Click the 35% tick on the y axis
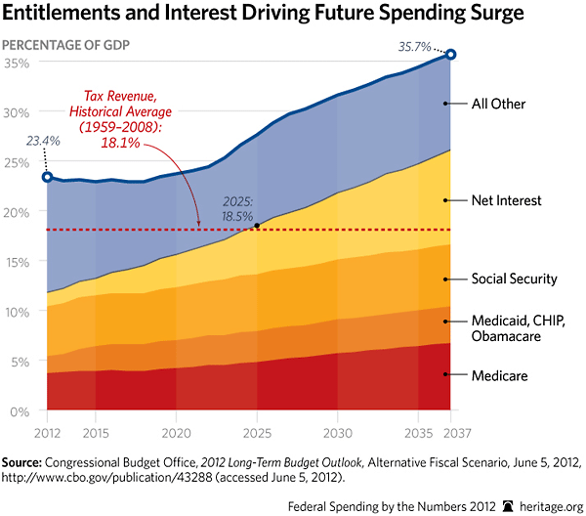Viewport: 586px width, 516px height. click(20, 63)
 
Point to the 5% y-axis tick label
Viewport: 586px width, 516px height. click(20, 362)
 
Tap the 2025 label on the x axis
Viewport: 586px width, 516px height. click(257, 431)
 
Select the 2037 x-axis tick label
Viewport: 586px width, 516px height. click(449, 431)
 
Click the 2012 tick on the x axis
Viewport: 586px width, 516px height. click(47, 431)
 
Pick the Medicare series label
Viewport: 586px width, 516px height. click(499, 374)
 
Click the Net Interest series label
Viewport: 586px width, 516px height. click(507, 200)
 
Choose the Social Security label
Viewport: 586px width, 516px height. click(514, 279)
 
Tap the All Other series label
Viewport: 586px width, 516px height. click(497, 103)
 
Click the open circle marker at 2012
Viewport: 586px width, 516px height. click(47, 177)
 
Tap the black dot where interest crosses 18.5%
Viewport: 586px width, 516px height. click(256, 226)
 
